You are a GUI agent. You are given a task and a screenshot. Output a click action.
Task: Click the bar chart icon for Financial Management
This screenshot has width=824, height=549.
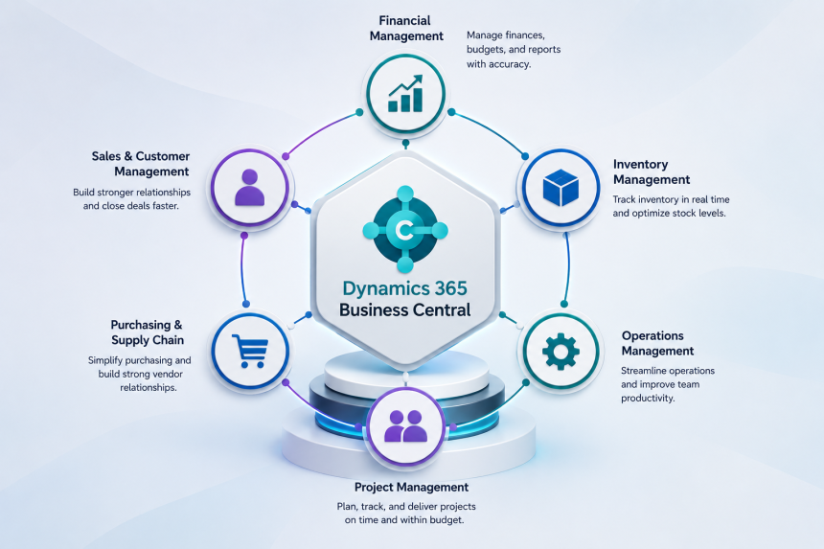tap(405, 94)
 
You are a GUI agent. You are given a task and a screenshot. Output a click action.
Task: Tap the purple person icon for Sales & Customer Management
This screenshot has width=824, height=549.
tap(250, 187)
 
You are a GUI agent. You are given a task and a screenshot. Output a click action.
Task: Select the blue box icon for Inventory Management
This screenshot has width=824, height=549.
tap(561, 188)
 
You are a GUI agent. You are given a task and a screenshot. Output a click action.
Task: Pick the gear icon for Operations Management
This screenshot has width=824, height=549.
tap(561, 351)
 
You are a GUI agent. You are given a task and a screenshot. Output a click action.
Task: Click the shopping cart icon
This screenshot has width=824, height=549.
tap(250, 351)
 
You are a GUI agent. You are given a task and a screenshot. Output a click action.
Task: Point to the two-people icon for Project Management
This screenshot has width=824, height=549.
tap(405, 425)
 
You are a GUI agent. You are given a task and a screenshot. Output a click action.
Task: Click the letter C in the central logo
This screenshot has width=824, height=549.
tap(404, 230)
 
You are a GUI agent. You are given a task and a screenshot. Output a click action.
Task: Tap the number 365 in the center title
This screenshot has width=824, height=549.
tap(451, 287)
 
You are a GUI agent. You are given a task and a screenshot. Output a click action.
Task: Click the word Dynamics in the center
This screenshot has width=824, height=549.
tap(385, 288)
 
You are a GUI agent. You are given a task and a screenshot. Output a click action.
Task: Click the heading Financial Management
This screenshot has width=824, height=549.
tap(405, 29)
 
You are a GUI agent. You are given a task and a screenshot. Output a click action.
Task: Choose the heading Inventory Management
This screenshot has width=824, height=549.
tap(652, 172)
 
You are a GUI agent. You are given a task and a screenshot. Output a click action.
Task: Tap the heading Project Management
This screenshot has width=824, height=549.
tap(411, 487)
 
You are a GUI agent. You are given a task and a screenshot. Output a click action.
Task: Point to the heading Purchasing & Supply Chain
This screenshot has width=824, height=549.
tap(148, 332)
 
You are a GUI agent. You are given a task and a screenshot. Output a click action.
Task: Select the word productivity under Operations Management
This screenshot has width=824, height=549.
tap(647, 399)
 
